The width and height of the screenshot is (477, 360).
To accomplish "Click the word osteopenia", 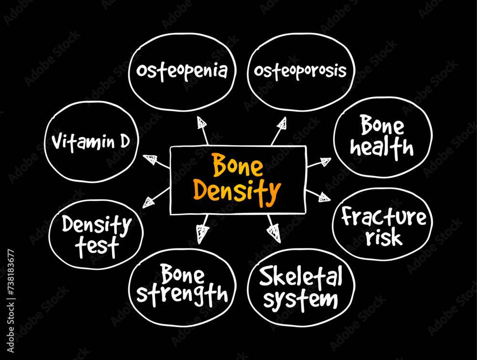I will tap(181, 71).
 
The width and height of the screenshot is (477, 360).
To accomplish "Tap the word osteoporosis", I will tap(300, 71).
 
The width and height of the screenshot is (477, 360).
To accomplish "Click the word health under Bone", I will tap(382, 148).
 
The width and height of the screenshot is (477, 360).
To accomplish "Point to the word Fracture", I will tap(384, 217).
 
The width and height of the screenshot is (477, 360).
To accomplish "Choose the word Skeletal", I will tap(301, 277).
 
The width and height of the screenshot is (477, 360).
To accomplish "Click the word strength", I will tap(182, 295).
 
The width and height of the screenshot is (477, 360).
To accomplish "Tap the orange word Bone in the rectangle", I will tap(237, 167).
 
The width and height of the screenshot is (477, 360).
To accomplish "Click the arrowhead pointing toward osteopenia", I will tap(202, 123).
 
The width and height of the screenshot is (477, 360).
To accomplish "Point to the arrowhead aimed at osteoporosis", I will tap(282, 123).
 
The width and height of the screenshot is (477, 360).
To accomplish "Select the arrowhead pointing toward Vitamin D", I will tap(150, 159).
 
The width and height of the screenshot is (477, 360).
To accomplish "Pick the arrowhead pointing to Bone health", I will tap(325, 162).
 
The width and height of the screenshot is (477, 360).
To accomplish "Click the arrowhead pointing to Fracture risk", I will tap(324, 196).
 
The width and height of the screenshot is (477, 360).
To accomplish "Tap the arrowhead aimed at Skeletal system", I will tap(274, 232).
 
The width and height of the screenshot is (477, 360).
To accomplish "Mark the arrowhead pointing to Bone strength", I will tap(203, 233).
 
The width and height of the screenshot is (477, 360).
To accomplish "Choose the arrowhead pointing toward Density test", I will tap(149, 202).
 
